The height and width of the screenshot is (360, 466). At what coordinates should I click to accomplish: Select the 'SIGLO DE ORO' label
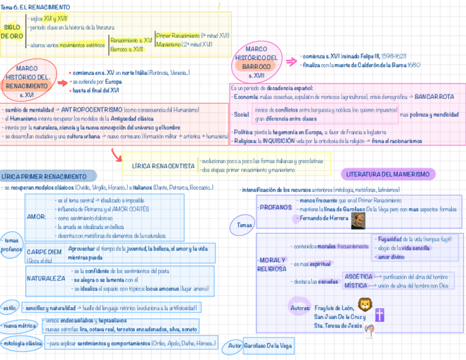tap(12, 31)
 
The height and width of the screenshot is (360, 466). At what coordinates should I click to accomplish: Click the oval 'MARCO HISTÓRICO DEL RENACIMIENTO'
tap(27, 82)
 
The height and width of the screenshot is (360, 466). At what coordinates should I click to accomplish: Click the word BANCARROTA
tap(435, 97)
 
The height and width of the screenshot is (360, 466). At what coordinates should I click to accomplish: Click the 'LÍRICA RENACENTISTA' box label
tap(163, 165)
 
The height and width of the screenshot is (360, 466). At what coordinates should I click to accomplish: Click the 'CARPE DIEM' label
tap(44, 252)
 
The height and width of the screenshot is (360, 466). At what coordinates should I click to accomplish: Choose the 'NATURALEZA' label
tap(46, 278)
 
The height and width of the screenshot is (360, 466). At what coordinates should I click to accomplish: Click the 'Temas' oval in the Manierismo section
tap(245, 225)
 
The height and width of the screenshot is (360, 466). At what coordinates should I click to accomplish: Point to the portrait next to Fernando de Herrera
tap(358, 220)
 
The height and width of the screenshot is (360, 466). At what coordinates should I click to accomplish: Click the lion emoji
tap(364, 304)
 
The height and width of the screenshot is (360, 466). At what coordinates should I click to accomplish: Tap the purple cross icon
tap(379, 314)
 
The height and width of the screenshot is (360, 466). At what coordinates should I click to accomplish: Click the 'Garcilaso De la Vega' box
tap(268, 346)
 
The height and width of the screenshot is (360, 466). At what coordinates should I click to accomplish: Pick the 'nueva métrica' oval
tap(19, 326)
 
